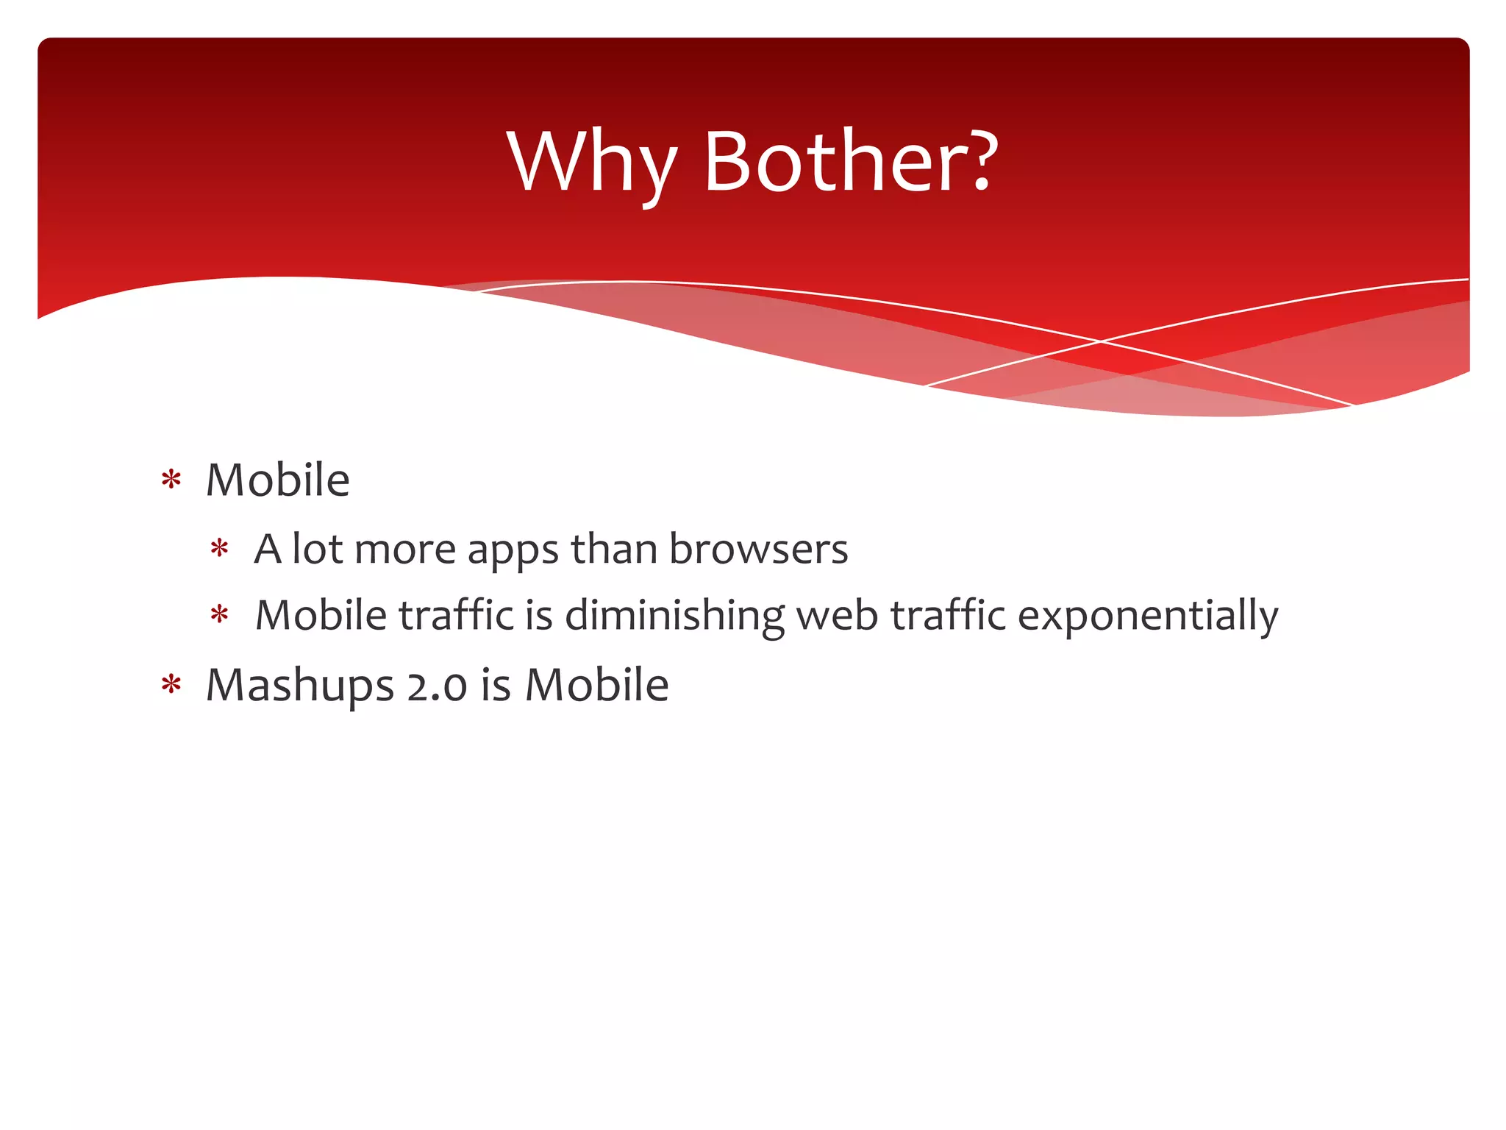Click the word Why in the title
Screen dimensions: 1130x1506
pos(591,163)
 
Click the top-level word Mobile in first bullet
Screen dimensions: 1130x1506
pos(277,480)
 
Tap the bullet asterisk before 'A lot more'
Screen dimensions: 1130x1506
pos(219,550)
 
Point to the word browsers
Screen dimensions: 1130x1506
pos(758,549)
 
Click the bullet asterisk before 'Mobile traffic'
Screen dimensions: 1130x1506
pos(219,615)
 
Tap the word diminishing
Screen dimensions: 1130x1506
pos(674,616)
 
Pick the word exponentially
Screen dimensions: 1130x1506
pos(1147,616)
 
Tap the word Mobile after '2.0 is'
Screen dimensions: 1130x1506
pos(596,685)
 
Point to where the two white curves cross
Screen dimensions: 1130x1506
pos(1101,341)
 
